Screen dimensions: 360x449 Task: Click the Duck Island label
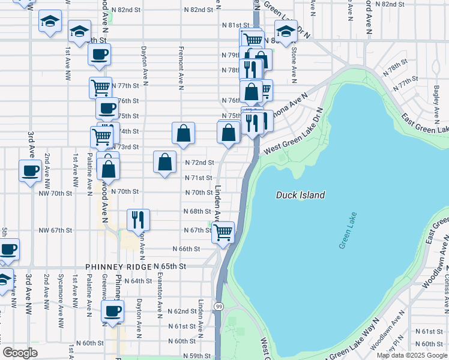[x=300, y=195]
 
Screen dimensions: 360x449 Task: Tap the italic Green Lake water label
[x=348, y=230]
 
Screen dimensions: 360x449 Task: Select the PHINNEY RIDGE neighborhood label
[x=118, y=266]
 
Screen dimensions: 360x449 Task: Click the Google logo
[x=20, y=353]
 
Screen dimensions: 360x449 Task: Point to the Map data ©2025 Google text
[x=412, y=355]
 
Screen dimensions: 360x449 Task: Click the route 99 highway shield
[x=219, y=307]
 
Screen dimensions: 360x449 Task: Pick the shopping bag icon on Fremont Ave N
[x=183, y=134]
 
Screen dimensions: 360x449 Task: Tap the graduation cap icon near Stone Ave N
[x=286, y=31]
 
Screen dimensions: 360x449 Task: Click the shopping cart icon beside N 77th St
[x=100, y=87]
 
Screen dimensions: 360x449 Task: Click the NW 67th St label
[x=55, y=230]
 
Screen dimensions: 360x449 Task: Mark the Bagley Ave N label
[x=436, y=97]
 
